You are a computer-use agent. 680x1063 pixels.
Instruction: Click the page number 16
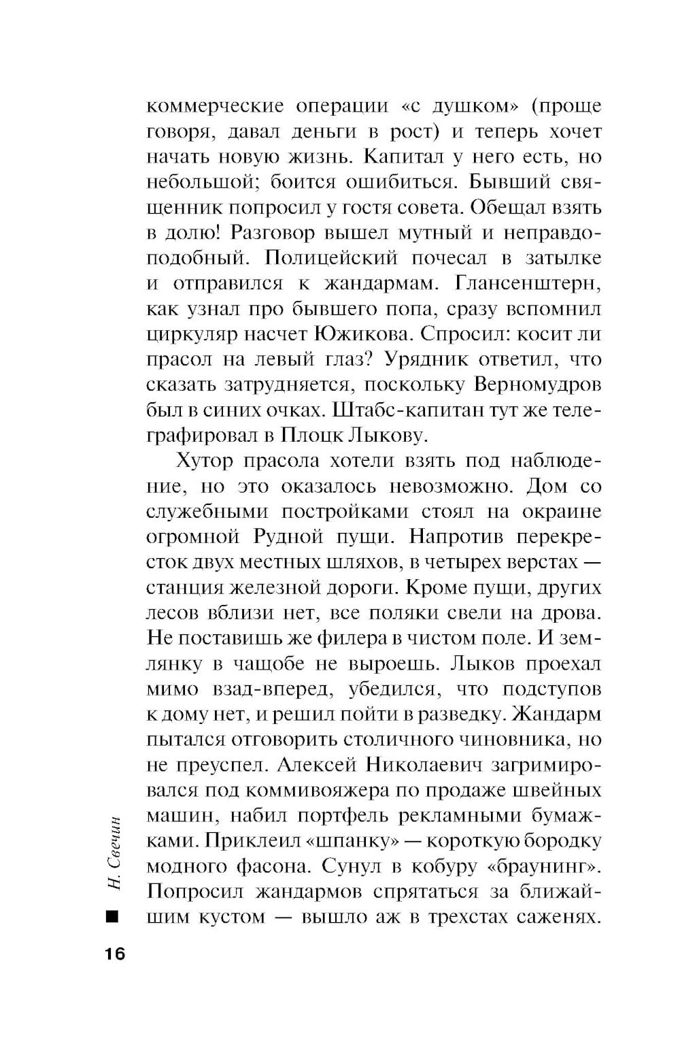point(115,953)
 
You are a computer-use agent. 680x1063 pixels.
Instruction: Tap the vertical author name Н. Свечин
point(114,850)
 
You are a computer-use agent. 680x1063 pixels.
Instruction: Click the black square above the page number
point(112,917)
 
